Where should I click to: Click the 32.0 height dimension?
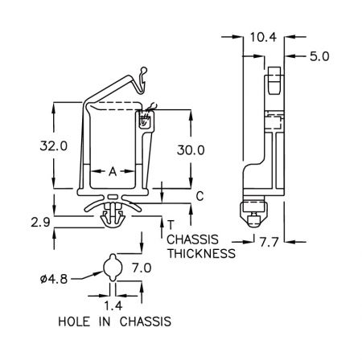tap(54, 146)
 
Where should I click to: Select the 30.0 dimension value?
tap(191, 150)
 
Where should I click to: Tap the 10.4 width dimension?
tap(263, 37)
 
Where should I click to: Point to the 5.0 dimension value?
tap(319, 56)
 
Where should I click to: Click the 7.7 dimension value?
tap(269, 243)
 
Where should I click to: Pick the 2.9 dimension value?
tap(40, 222)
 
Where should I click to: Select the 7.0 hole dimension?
tap(142, 268)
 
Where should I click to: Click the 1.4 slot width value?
tap(113, 305)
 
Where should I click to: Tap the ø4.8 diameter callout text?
tap(54, 280)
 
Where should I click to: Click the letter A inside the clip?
tap(113, 171)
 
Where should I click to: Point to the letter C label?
tap(200, 196)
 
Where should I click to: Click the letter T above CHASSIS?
tap(171, 225)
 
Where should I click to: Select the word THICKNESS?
tap(202, 253)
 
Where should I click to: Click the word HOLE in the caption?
tap(74, 321)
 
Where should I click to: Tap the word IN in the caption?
tap(105, 321)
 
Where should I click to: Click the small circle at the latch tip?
tap(144, 70)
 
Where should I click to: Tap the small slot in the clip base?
tap(113, 197)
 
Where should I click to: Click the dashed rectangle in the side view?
tap(273, 122)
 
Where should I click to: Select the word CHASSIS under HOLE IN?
tap(146, 321)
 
